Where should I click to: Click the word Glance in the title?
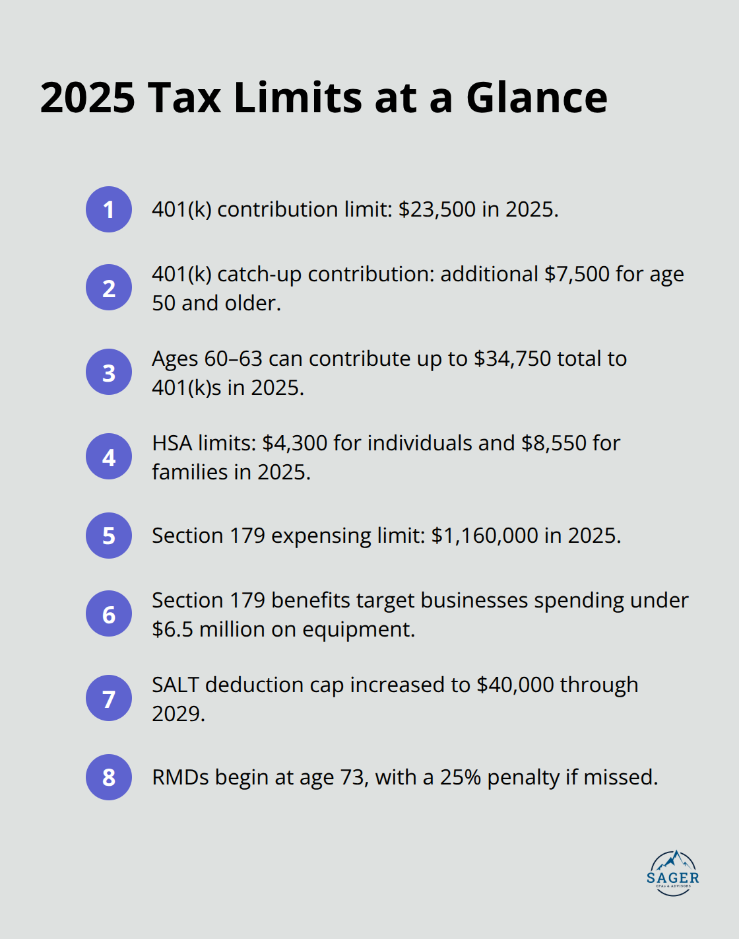536,98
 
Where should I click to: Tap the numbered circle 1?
109,209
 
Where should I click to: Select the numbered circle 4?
109,456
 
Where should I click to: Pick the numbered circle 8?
109,777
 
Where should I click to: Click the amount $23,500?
437,209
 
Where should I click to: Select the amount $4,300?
294,443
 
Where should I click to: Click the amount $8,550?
554,443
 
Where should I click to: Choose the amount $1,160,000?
484,536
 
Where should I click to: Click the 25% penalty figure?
460,777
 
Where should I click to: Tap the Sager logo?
673,873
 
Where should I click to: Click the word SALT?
176,685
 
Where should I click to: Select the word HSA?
172,443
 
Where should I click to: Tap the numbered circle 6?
109,613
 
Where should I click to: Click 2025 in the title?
88,98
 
